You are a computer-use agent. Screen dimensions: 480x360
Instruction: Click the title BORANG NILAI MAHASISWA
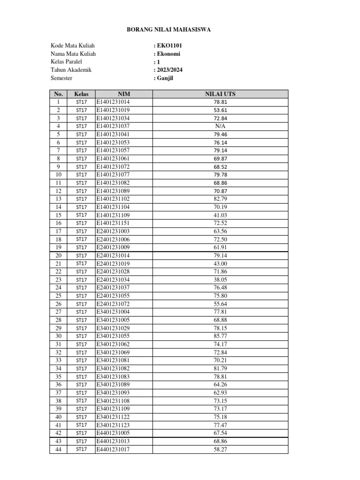pyautogui.click(x=169, y=30)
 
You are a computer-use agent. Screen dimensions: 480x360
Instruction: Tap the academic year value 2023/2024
pyautogui.click(x=169, y=70)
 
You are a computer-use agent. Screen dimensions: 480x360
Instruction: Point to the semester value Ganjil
pyautogui.click(x=165, y=78)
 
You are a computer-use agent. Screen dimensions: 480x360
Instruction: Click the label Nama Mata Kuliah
pyautogui.click(x=73, y=54)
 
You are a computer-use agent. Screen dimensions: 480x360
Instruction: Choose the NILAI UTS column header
pyautogui.click(x=220, y=94)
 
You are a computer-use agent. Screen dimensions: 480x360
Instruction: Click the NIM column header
pyautogui.click(x=124, y=94)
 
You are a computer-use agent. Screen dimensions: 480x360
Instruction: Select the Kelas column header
pyautogui.click(x=82, y=94)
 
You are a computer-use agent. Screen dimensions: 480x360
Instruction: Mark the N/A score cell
pyautogui.click(x=220, y=126)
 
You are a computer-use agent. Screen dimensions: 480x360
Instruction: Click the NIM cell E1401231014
pyautogui.click(x=113, y=102)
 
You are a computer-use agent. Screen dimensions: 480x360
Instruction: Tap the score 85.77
pyautogui.click(x=220, y=336)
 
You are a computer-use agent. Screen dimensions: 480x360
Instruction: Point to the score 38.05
pyautogui.click(x=220, y=279)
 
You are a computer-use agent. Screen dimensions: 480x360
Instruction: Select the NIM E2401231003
pyautogui.click(x=113, y=231)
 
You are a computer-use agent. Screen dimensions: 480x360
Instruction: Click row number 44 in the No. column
pyautogui.click(x=59, y=449)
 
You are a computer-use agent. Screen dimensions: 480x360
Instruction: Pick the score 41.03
pyautogui.click(x=220, y=215)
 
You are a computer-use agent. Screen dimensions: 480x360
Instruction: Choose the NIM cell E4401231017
pyautogui.click(x=113, y=449)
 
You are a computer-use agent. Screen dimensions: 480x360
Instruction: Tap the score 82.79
pyautogui.click(x=220, y=199)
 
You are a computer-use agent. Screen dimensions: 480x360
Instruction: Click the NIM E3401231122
pyautogui.click(x=113, y=417)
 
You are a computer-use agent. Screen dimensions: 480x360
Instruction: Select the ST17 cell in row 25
pyautogui.click(x=82, y=296)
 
